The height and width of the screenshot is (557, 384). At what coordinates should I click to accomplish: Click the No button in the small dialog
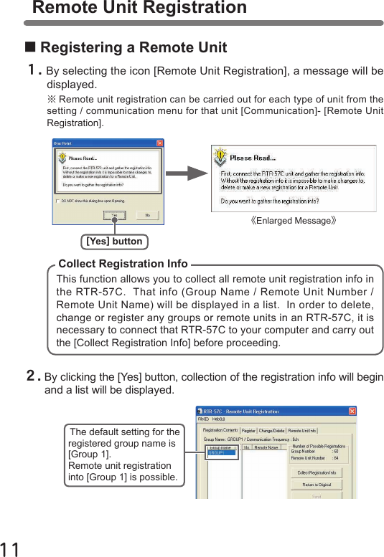pyautogui.click(x=148, y=214)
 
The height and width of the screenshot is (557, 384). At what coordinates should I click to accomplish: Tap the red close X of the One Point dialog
pyautogui.click(x=159, y=143)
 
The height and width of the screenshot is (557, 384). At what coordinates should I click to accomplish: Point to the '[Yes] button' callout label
pyautogui.click(x=114, y=242)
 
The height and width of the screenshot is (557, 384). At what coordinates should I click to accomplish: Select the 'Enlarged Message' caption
pyautogui.click(x=294, y=221)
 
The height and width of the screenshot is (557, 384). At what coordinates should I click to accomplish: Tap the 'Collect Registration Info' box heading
pyautogui.click(x=123, y=264)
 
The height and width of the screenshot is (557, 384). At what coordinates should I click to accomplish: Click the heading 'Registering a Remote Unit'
pyautogui.click(x=134, y=48)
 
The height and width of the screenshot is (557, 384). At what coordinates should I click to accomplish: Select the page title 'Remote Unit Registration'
pyautogui.click(x=140, y=8)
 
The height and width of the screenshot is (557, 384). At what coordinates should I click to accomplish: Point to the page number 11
pyautogui.click(x=10, y=549)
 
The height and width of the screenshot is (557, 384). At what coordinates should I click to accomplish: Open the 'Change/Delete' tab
pyautogui.click(x=272, y=431)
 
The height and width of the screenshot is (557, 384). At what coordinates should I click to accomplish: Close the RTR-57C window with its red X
pyautogui.click(x=352, y=411)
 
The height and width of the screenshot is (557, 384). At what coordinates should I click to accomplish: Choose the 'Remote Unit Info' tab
pyautogui.click(x=302, y=431)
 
